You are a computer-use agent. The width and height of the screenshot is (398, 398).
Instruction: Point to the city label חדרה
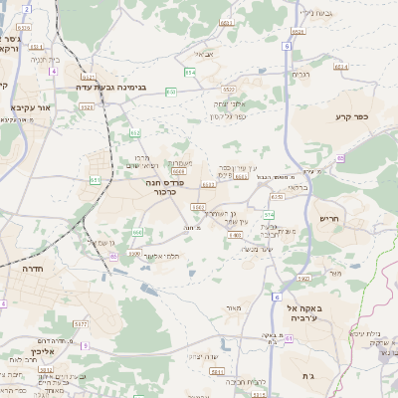point(37,269)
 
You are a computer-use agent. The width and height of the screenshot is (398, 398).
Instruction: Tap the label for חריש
point(330,217)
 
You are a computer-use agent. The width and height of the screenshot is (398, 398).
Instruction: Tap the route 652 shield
point(135,132)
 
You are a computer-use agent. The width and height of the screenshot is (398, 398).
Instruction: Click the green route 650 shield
point(170,92)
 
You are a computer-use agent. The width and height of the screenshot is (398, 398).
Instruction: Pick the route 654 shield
point(190,72)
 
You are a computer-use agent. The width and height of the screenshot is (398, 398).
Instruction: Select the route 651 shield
point(95,180)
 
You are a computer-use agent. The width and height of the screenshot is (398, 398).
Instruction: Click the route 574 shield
point(269,215)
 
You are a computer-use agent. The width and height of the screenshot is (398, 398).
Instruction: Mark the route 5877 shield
point(81,324)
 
